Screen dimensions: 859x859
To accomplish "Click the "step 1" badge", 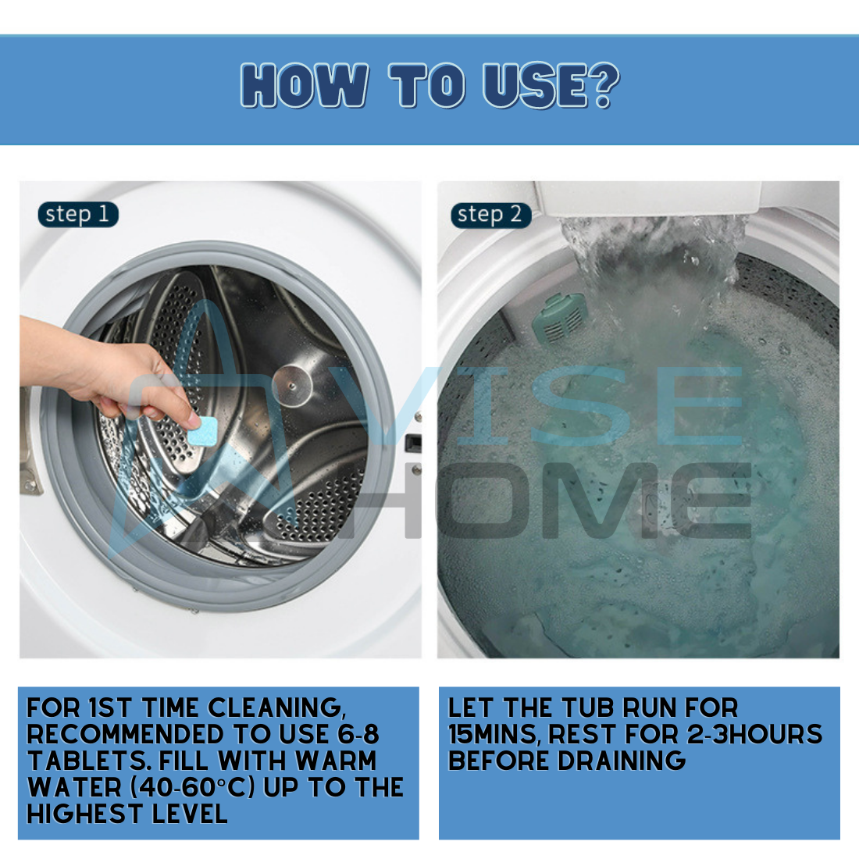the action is coord(78,214).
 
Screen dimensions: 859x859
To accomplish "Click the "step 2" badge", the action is coord(491,215).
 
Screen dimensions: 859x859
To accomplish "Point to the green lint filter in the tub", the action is coord(559,318).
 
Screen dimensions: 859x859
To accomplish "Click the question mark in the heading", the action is coord(604,85).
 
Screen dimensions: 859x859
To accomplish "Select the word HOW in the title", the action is coord(305,85).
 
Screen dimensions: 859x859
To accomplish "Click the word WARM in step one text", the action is coord(336,761).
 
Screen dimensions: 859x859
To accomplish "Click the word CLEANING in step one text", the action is coord(277,708).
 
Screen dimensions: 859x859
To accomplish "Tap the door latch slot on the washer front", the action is coord(413,443).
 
